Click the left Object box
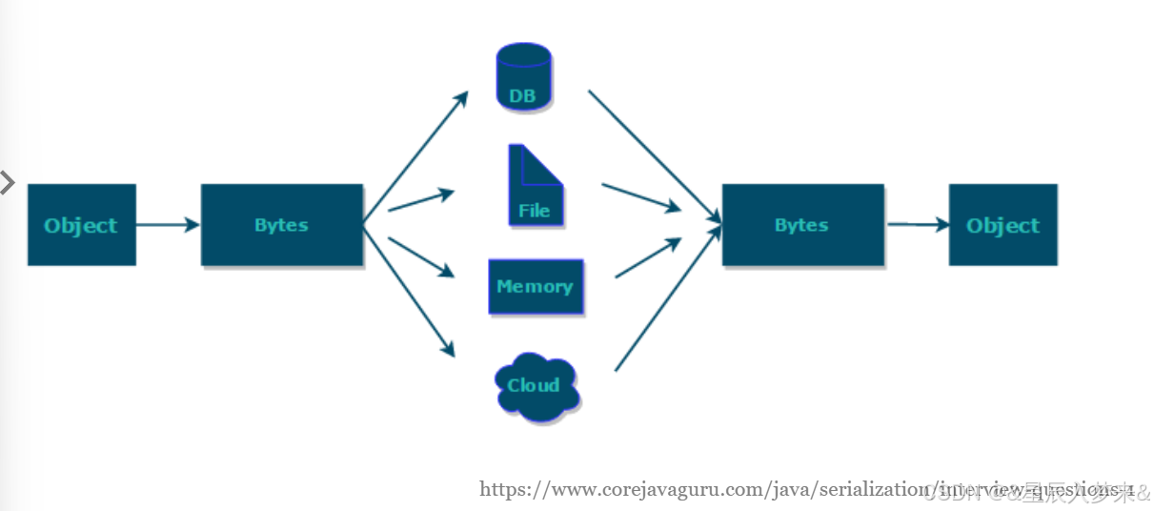click(81, 225)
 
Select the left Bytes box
click(281, 225)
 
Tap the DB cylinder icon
click(523, 78)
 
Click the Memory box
click(535, 286)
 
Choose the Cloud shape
click(537, 385)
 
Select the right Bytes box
click(802, 225)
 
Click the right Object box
click(1002, 225)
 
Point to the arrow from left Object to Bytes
click(168, 225)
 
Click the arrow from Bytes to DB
click(415, 153)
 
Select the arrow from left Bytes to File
click(420, 200)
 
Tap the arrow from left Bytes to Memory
click(420, 256)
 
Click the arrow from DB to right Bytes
click(653, 155)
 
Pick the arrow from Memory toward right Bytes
click(648, 258)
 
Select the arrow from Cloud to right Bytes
click(665, 299)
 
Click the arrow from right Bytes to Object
click(918, 225)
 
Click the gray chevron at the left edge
click(8, 182)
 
